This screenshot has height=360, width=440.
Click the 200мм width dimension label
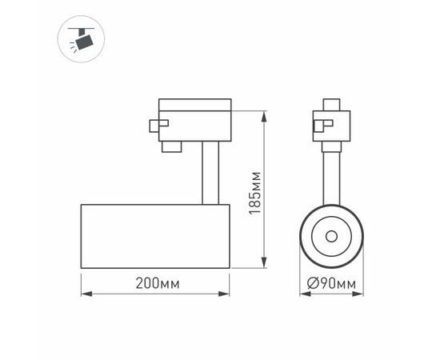[157, 282]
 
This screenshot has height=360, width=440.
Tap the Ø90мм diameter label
[331, 283]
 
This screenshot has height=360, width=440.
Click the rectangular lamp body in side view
[156, 236]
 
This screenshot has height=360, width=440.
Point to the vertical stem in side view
[207, 171]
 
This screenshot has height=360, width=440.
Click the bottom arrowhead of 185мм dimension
[265, 264]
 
